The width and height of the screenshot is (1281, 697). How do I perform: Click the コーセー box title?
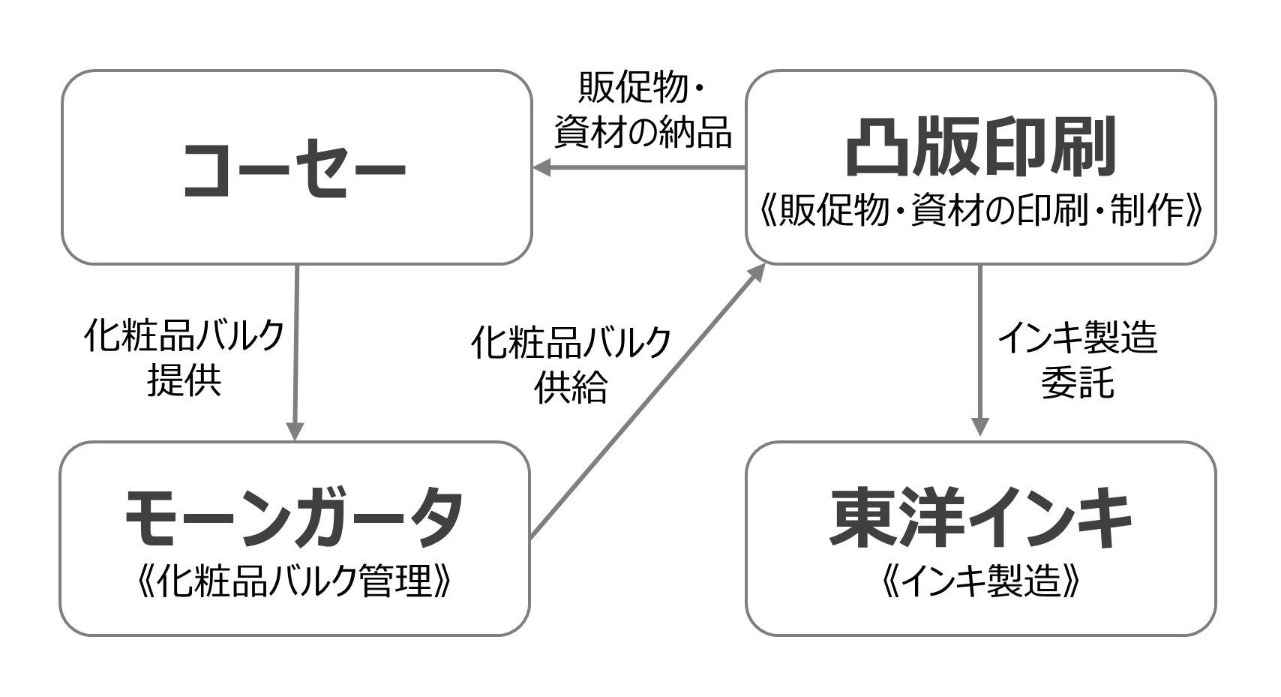click(295, 169)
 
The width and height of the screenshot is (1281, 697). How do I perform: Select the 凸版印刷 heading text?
click(980, 146)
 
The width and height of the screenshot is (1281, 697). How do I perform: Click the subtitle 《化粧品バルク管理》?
click(294, 581)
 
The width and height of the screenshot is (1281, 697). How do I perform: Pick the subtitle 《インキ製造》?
click(980, 581)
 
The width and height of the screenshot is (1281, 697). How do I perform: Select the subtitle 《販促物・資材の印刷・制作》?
click(980, 213)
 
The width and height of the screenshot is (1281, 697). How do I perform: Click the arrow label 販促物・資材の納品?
click(642, 113)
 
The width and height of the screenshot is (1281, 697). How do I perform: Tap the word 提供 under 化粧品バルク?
click(184, 380)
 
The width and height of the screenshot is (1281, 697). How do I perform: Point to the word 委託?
click(1077, 383)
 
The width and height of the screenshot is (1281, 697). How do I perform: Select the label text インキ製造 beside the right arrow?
click(1077, 338)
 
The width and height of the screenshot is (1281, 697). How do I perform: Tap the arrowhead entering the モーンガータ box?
click(295, 431)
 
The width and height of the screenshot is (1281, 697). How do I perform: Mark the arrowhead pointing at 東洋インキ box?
click(979, 427)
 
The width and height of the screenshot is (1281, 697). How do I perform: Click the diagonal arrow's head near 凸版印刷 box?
click(757, 271)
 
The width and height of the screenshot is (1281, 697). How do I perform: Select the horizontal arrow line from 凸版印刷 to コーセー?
click(645, 168)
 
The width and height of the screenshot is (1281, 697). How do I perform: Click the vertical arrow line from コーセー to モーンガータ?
click(296, 345)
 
